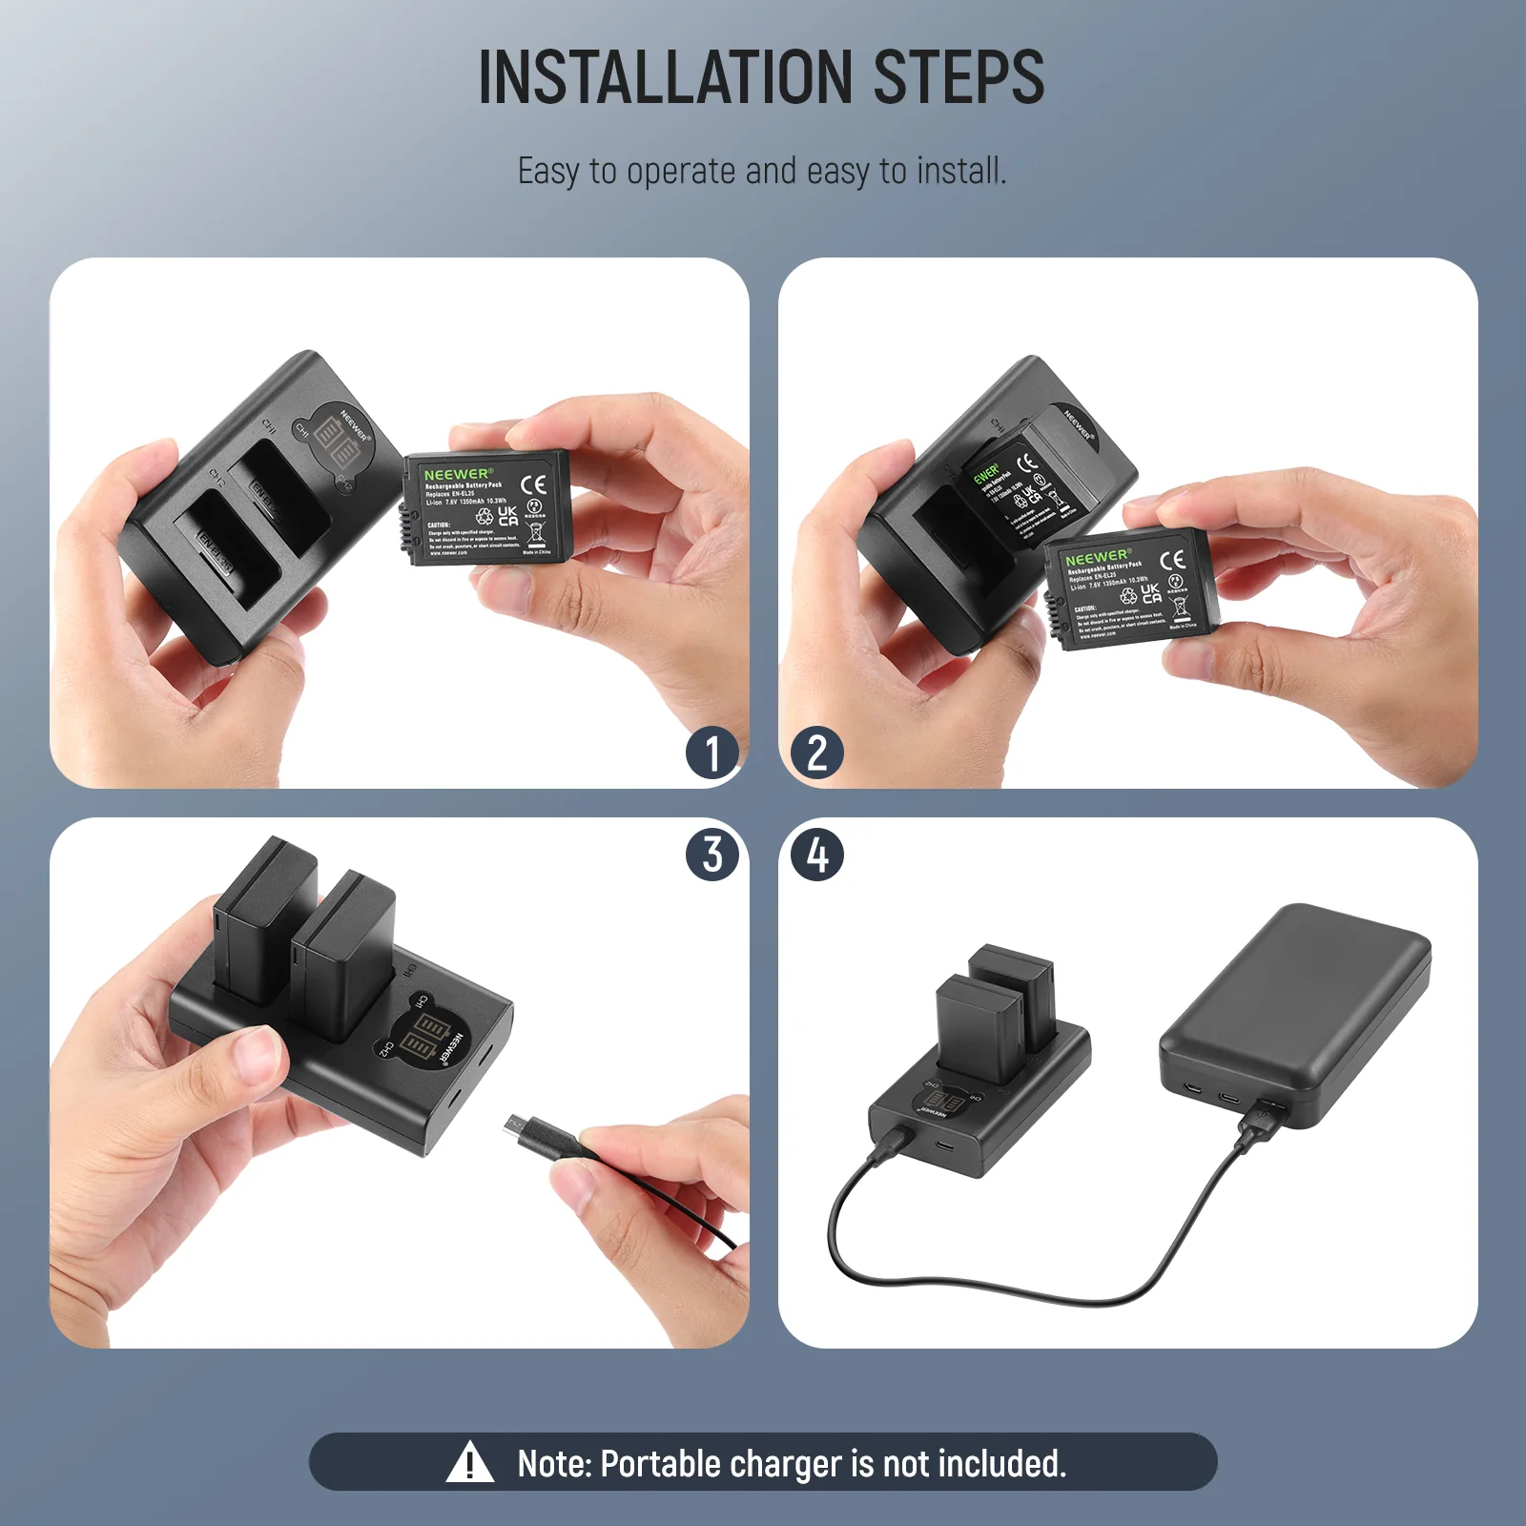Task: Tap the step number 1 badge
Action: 712,753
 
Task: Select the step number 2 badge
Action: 817,753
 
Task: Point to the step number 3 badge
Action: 712,854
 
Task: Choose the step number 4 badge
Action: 817,854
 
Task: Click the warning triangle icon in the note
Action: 469,1463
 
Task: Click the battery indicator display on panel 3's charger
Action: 424,1040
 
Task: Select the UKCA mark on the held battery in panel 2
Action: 1151,592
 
